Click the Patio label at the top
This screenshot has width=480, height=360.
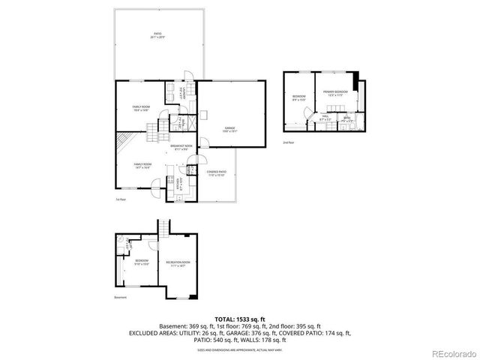coord(157,34)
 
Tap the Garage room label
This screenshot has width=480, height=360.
coord(230,129)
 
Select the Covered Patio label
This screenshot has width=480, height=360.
coord(217,173)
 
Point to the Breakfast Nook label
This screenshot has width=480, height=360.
coord(181,146)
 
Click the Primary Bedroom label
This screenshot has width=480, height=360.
coord(333,94)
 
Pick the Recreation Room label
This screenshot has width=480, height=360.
coord(180,263)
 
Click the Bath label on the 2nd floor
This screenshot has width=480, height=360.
coord(346,118)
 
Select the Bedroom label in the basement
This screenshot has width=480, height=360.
coord(142,262)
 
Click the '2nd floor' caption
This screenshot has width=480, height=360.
coord(288,141)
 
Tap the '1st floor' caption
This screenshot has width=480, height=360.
coord(120,199)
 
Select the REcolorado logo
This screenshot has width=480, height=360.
coord(452,353)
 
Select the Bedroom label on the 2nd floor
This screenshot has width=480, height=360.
coord(298,98)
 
